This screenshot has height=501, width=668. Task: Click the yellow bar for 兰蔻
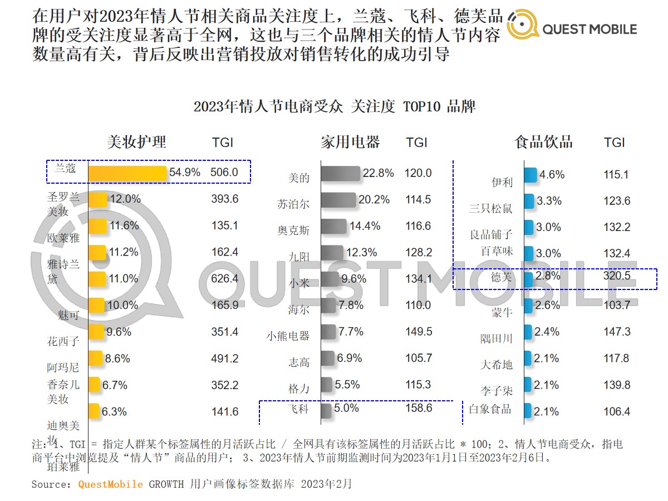[127, 173]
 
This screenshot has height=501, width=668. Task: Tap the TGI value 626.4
[225, 278]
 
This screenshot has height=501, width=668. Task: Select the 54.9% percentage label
[185, 173]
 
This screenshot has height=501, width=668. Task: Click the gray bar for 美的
[341, 174]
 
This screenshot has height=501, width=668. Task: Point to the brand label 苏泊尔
[293, 204]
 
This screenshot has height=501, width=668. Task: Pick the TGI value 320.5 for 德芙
[616, 276]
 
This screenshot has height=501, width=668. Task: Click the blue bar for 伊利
[531, 175]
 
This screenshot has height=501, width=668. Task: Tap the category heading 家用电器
[350, 142]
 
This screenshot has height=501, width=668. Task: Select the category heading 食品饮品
[543, 142]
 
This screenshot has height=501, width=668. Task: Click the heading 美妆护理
[136, 142]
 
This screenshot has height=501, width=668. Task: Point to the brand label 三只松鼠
[490, 209]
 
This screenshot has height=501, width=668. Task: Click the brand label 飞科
[299, 410]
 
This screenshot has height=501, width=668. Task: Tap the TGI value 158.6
[419, 408]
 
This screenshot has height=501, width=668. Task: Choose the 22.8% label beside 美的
[378, 173]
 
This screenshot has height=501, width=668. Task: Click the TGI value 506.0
[224, 173]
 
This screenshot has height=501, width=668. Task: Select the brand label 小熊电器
[287, 336]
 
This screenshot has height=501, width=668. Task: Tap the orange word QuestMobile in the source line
[110, 484]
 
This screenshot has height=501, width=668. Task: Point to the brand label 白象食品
[490, 409]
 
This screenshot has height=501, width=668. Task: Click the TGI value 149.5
[419, 332]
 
